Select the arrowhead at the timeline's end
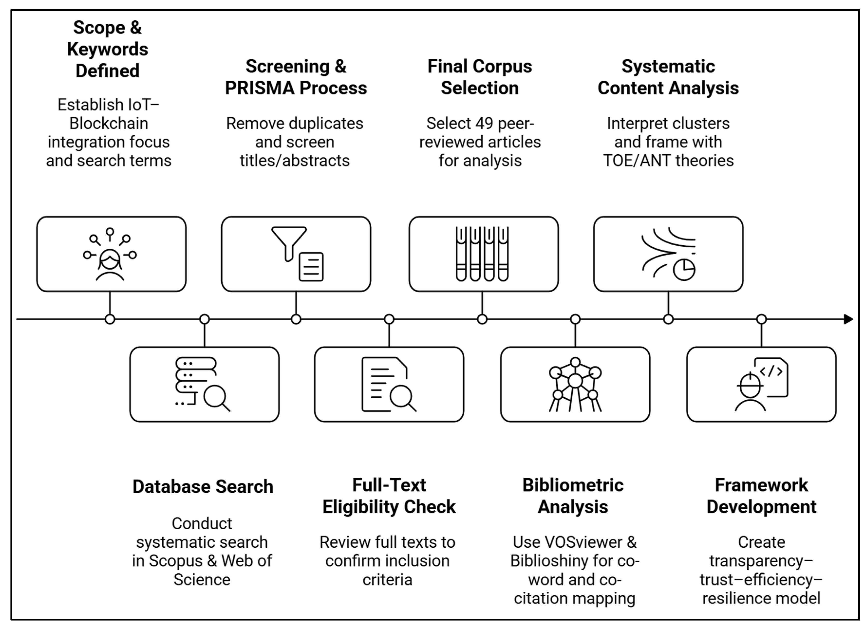point(848,319)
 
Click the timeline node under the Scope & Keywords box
point(110,319)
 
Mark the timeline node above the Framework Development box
point(762,319)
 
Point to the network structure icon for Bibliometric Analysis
point(575,384)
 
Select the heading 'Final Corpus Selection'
point(480,77)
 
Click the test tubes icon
point(482,254)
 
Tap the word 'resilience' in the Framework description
point(732,598)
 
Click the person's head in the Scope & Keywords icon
point(110,261)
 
